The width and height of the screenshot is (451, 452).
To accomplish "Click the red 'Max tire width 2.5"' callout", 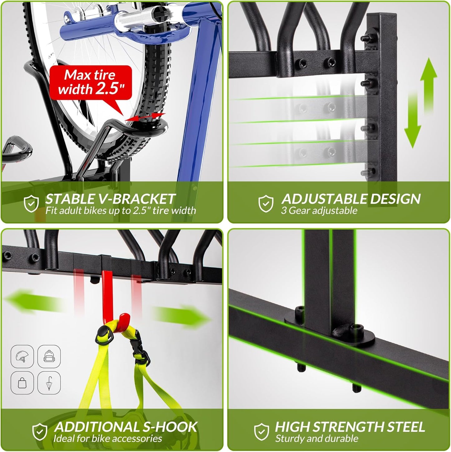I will coord(91,82).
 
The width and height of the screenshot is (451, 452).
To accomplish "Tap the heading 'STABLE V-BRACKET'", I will coord(110,199).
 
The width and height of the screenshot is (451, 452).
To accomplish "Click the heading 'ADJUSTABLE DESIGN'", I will coord(351,199).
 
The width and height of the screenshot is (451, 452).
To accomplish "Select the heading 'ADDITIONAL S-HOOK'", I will coord(126,427).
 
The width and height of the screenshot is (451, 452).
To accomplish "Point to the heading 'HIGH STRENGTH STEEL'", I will coord(350,427).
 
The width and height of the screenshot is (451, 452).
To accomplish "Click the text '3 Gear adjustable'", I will coord(319,211).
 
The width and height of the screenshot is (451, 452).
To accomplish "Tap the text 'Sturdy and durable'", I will coord(316,439).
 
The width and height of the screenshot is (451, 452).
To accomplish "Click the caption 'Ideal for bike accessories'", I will coord(108,439).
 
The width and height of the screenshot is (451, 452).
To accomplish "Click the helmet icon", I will coord(22,356).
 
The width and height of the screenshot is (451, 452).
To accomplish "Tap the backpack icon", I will coord(49,356).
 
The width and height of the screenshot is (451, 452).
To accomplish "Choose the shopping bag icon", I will coord(22,383).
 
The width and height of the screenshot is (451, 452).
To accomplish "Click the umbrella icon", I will coord(49,383).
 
